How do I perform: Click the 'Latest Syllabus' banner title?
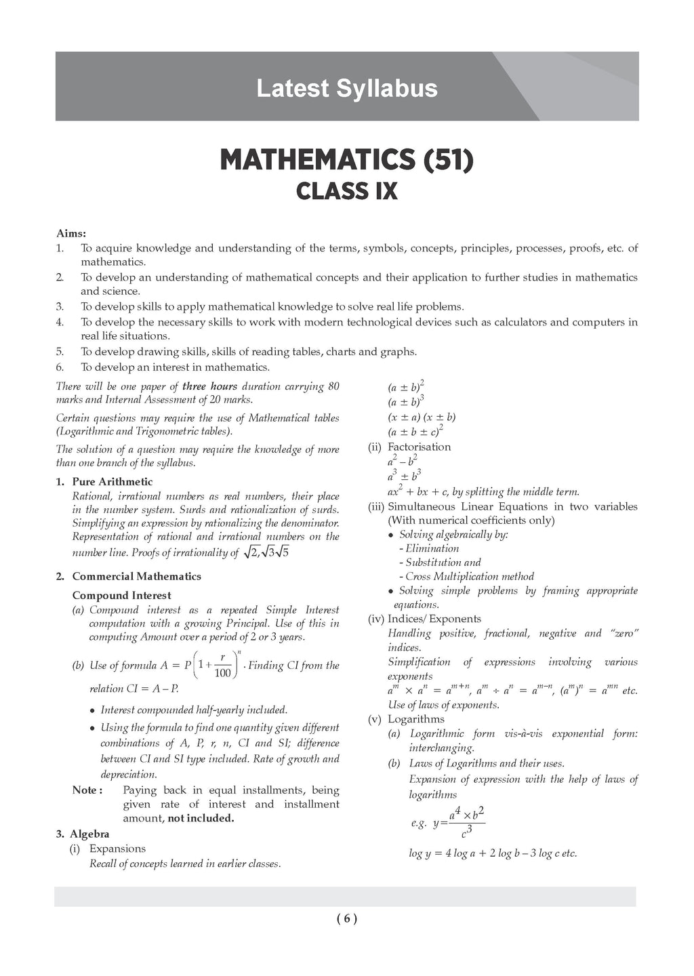tap(346, 89)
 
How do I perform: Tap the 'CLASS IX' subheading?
tap(346, 192)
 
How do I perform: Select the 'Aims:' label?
tap(70, 233)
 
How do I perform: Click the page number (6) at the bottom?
tap(346, 919)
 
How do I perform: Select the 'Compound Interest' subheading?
tap(122, 595)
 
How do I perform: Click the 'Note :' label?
tap(87, 790)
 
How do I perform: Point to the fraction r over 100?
tap(222, 666)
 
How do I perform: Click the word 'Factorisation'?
tap(419, 447)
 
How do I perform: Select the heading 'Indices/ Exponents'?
tap(434, 619)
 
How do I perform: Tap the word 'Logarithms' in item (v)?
tap(416, 719)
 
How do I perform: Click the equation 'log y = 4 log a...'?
tap(493, 853)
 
